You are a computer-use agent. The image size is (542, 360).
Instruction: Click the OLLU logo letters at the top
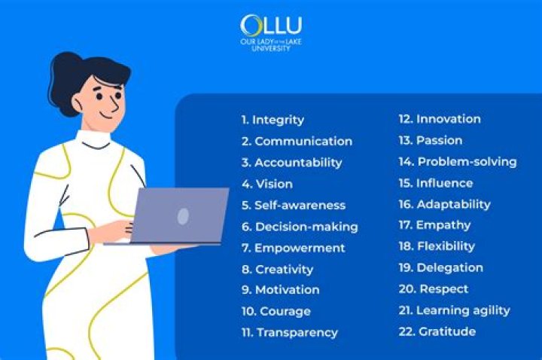(271, 26)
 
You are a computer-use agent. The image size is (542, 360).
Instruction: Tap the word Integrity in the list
(279, 120)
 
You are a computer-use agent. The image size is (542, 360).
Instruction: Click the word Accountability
(298, 163)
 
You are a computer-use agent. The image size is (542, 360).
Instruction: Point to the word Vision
(274, 184)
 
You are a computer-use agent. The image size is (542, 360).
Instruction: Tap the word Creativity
(284, 270)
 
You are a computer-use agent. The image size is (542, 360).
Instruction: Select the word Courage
(285, 312)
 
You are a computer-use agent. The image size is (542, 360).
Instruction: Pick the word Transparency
(297, 333)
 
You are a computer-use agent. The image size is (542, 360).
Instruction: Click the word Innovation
(449, 119)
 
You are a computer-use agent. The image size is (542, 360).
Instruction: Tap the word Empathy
(443, 225)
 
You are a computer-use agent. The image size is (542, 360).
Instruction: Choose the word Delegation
(449, 267)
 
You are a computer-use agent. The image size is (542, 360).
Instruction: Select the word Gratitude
(447, 331)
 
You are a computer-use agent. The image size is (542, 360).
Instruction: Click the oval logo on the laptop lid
(183, 216)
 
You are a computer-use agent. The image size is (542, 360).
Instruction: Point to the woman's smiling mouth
(105, 115)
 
